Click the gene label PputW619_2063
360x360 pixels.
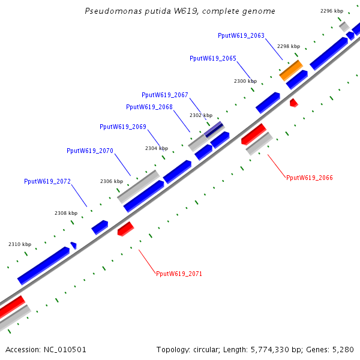click(241, 36)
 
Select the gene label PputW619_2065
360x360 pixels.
click(213, 59)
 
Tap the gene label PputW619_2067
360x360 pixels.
click(165, 95)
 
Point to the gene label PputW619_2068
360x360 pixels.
click(149, 107)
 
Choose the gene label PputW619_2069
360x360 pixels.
click(123, 127)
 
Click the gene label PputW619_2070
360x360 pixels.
click(90, 151)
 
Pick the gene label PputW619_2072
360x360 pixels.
click(47, 181)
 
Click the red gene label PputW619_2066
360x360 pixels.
click(310, 178)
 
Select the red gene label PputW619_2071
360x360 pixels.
click(179, 274)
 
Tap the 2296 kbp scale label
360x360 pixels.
click(332, 11)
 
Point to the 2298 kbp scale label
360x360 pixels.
click(289, 46)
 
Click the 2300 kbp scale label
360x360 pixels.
click(245, 81)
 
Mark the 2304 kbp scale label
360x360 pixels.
click(157, 148)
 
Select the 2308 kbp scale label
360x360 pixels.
click(66, 213)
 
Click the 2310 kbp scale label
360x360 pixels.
click(20, 244)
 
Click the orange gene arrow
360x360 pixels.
click(291, 70)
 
